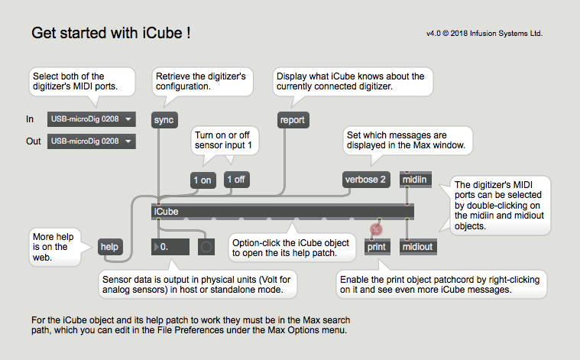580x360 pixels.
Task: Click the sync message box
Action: pyautogui.click(x=164, y=120)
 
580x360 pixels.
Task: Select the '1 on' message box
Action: pyautogui.click(x=203, y=180)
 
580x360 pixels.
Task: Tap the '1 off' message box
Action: pyautogui.click(x=236, y=180)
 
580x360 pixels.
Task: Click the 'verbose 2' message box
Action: pyautogui.click(x=366, y=180)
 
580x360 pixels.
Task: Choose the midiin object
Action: pyautogui.click(x=416, y=180)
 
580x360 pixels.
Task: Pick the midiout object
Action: pyautogui.click(x=418, y=247)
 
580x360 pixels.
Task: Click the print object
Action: pyautogui.click(x=377, y=247)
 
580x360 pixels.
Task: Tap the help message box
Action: pyautogui.click(x=110, y=247)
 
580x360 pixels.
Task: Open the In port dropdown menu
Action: pyautogui.click(x=92, y=119)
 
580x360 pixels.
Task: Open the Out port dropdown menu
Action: pyautogui.click(x=92, y=141)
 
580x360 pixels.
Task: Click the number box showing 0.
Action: pyautogui.click(x=170, y=247)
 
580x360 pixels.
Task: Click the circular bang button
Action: pyautogui.click(x=206, y=247)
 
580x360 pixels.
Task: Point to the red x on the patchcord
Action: pyautogui.click(x=376, y=230)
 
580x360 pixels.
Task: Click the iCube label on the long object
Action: pyautogui.click(x=166, y=212)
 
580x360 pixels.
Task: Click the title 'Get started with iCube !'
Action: pyautogui.click(x=111, y=33)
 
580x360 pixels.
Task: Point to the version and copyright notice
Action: pyautogui.click(x=484, y=34)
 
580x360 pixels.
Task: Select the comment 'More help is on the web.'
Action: pyautogui.click(x=53, y=247)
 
